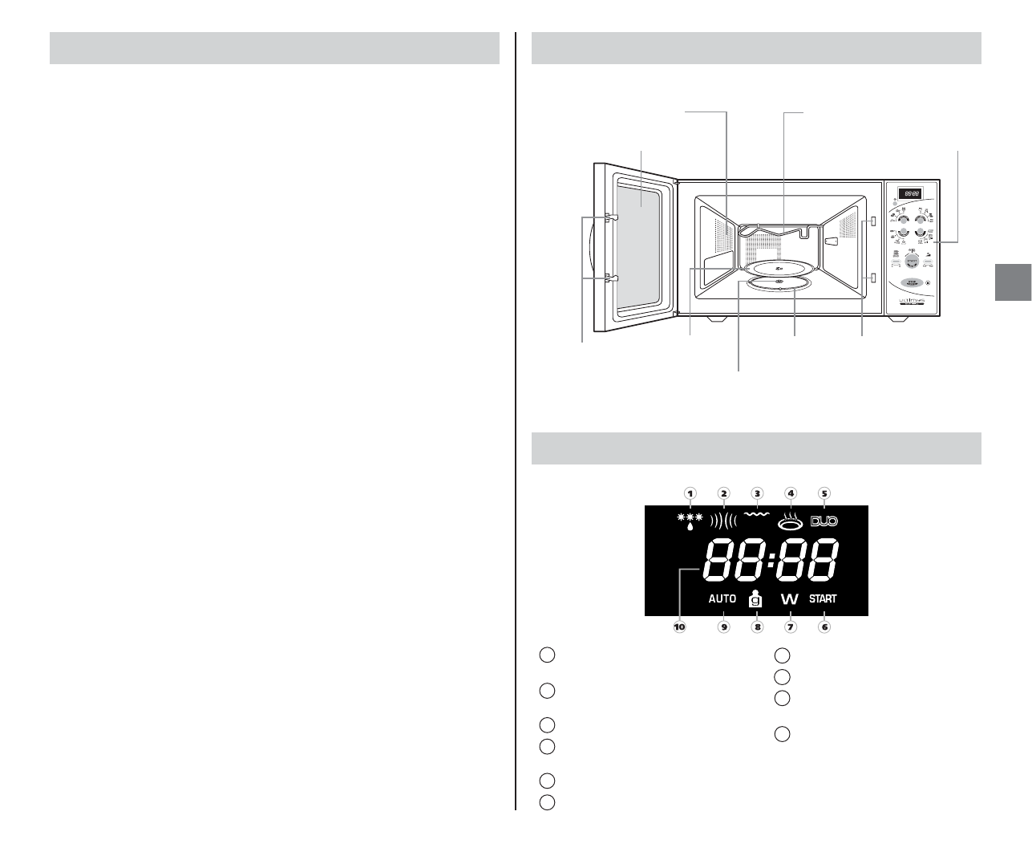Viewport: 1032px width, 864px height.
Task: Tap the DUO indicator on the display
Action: pos(824,521)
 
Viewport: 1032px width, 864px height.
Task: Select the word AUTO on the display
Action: pos(722,598)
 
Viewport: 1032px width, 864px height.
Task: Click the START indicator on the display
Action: pos(823,598)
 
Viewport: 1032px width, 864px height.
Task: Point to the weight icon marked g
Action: pos(756,598)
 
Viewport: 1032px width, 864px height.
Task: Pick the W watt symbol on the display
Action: pos(790,599)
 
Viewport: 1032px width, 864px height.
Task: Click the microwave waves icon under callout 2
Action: pos(723,521)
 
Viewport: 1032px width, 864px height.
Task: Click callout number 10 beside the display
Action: pos(680,627)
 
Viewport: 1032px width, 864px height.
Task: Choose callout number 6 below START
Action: pos(824,627)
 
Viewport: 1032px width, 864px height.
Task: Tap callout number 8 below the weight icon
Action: pos(757,627)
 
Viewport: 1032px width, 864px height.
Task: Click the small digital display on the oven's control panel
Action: pos(909,193)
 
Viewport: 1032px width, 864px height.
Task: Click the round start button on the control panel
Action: pos(911,260)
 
